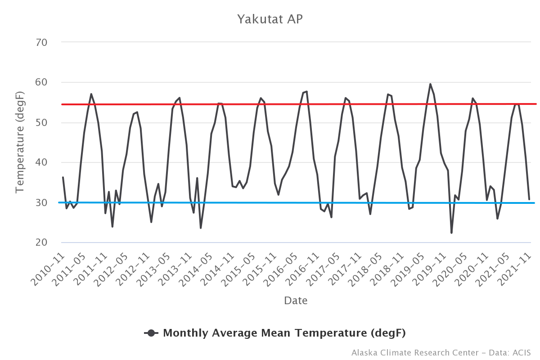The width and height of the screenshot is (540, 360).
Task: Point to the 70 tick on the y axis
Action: pos(41,42)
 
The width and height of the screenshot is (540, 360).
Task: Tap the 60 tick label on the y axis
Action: pos(41,82)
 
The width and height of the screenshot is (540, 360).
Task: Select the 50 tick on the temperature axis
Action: pos(41,122)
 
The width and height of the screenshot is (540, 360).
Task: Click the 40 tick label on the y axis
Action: pos(41,162)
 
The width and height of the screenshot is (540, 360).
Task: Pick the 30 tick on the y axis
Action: pos(41,202)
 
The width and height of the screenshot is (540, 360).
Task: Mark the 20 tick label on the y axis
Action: pos(41,243)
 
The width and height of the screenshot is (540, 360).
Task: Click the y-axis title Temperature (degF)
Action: pos(19,142)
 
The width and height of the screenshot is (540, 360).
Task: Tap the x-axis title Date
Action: pos(296,301)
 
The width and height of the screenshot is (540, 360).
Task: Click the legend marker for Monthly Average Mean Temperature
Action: pos(151,333)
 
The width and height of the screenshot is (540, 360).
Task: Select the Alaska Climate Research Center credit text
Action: pos(441,352)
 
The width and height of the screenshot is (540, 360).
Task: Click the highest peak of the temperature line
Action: pos(430,84)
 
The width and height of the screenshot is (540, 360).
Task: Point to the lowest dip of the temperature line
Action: pos(451,233)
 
